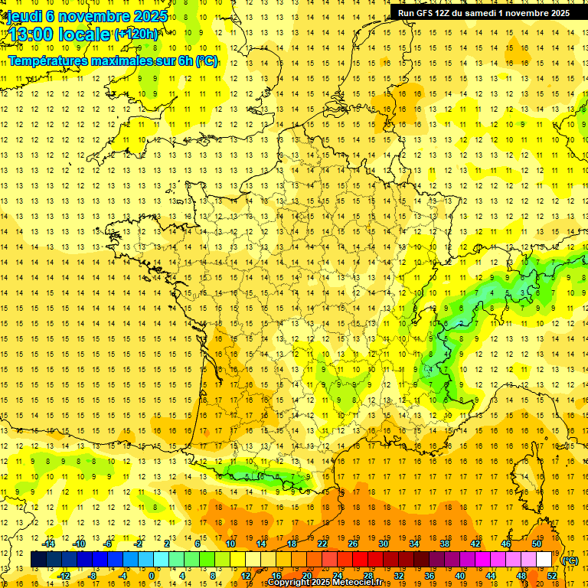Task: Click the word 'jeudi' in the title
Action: click(x=24, y=16)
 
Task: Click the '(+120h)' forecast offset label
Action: click(x=136, y=34)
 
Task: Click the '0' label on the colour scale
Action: click(x=152, y=575)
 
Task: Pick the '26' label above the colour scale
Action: click(x=353, y=544)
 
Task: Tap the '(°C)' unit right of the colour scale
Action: click(x=570, y=560)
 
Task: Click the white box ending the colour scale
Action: click(x=544, y=560)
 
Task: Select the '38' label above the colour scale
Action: click(x=445, y=544)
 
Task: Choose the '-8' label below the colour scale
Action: click(x=92, y=575)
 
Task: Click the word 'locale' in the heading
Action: click(x=86, y=34)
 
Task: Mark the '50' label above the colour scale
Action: click(x=537, y=544)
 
